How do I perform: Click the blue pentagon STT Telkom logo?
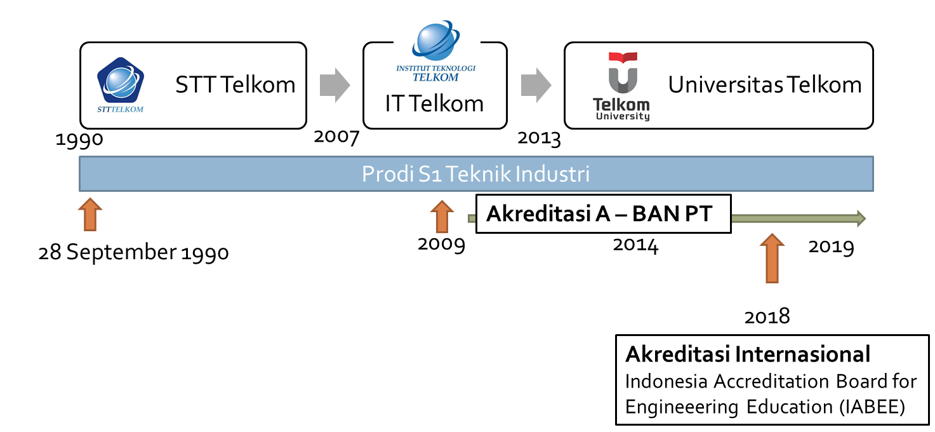tap(120, 83)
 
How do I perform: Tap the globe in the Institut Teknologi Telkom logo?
tap(435, 40)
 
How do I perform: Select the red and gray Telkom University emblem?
tap(622, 73)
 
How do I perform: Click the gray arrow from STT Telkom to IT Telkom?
tap(329, 84)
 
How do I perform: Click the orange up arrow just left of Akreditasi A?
tap(442, 215)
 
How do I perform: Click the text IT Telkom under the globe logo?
tap(434, 104)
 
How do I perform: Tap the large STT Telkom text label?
tap(235, 84)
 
